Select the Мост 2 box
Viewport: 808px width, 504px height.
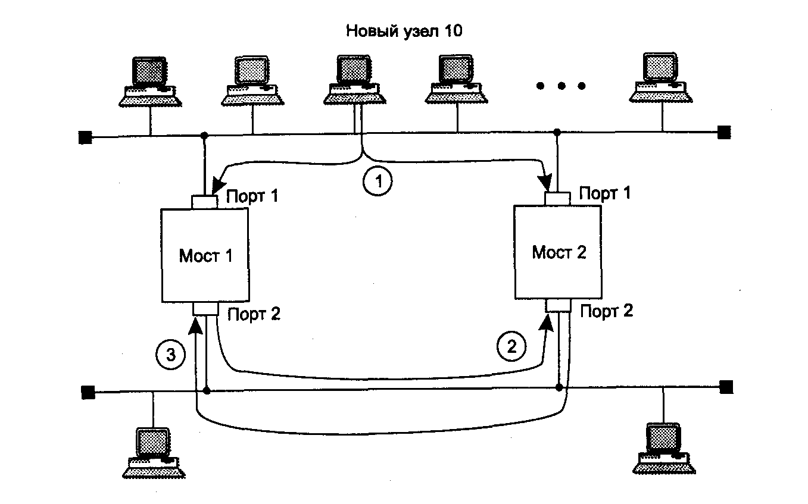[559, 252]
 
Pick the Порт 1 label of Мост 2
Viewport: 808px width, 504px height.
[606, 193]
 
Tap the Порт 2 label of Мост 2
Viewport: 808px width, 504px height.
[607, 311]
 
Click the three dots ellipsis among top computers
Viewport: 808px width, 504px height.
[560, 86]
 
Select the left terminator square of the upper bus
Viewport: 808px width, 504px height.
[85, 138]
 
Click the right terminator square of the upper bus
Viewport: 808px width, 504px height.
[724, 132]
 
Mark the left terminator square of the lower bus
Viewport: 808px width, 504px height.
[88, 392]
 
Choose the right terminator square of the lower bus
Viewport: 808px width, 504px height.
[726, 387]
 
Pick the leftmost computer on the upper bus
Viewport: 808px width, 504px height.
[149, 82]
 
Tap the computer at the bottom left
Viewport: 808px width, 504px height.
[153, 452]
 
